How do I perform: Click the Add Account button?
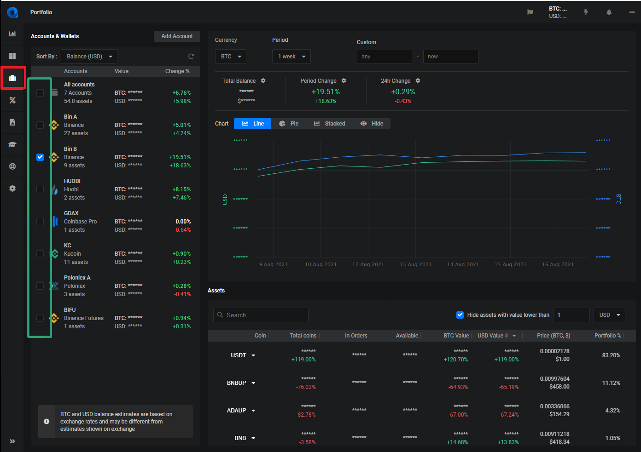[x=177, y=36]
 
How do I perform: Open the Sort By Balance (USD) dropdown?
[x=89, y=57]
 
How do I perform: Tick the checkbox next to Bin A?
[x=40, y=125]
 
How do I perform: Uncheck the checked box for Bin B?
[x=40, y=157]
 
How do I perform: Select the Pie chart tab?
[x=289, y=124]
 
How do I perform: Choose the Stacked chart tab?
[x=330, y=124]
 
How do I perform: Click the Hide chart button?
[x=372, y=124]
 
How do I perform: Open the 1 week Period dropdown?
[x=291, y=57]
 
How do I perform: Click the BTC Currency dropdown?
[x=231, y=57]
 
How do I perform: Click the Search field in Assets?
[x=261, y=315]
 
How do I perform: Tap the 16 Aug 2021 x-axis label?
[x=558, y=264]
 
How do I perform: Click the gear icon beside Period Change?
[x=344, y=81]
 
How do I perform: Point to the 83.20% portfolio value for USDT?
[x=611, y=355]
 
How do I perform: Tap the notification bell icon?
[x=609, y=12]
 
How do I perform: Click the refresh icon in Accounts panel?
[x=191, y=57]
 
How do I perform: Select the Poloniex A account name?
[x=77, y=278]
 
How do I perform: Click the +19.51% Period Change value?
[x=326, y=92]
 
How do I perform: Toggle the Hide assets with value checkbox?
[x=460, y=315]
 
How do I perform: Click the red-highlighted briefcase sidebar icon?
[x=12, y=78]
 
